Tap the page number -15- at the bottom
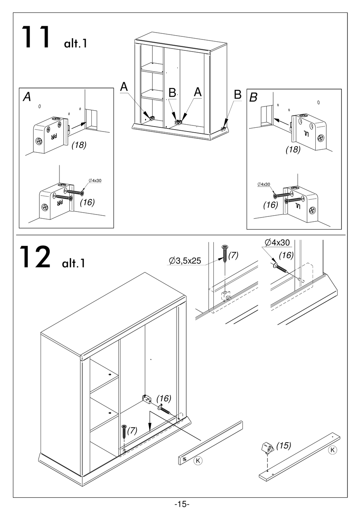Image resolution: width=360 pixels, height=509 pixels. [x=182, y=504]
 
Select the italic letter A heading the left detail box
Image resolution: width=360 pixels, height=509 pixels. [x=27, y=97]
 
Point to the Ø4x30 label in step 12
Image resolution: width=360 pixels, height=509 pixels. [x=278, y=243]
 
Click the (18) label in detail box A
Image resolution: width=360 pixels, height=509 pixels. [x=79, y=145]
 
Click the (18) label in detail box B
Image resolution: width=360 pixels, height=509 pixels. [x=293, y=150]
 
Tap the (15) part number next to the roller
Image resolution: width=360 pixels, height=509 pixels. [x=283, y=446]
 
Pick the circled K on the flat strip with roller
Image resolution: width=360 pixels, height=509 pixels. [x=332, y=450]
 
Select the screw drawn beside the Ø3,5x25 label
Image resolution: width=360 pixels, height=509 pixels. [x=225, y=254]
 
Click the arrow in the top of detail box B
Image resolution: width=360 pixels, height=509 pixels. [x=281, y=121]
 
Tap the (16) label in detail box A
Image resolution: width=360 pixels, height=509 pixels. [x=87, y=202]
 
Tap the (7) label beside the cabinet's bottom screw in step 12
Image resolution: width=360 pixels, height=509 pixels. [x=132, y=430]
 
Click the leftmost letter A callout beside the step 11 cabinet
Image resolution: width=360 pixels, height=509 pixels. [x=124, y=87]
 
